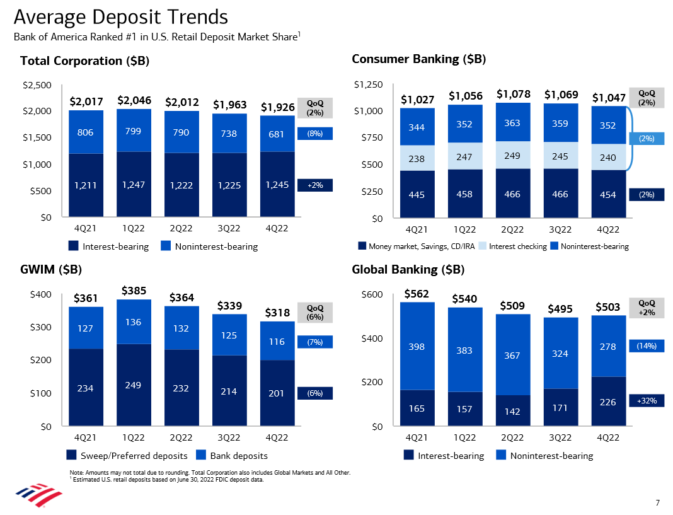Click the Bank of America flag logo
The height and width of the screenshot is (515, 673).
point(38,495)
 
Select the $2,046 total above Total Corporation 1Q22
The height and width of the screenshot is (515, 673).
point(134,100)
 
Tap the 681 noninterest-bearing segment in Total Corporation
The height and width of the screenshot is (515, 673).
point(277,134)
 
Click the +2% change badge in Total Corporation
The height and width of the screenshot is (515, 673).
point(314,185)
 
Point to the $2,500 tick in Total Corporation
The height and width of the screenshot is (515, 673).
point(37,85)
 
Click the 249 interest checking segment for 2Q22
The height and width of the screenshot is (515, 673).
point(512,156)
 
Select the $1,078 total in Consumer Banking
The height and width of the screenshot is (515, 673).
point(514,94)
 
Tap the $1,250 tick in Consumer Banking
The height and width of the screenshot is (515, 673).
point(368,84)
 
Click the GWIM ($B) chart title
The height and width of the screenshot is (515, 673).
point(51,270)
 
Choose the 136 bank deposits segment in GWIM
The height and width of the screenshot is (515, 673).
point(134,321)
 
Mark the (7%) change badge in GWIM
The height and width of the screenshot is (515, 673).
point(314,342)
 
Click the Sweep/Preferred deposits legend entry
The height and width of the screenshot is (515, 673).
point(127,455)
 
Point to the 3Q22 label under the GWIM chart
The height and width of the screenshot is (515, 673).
point(229,437)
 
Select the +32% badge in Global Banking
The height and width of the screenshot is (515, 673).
point(647,401)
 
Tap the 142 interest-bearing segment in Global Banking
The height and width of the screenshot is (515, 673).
point(512,411)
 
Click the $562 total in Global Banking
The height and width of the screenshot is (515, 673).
point(417,294)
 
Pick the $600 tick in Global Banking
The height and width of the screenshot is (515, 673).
point(372,294)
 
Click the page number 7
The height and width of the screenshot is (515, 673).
point(657,502)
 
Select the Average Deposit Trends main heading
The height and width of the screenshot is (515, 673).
point(120,17)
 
